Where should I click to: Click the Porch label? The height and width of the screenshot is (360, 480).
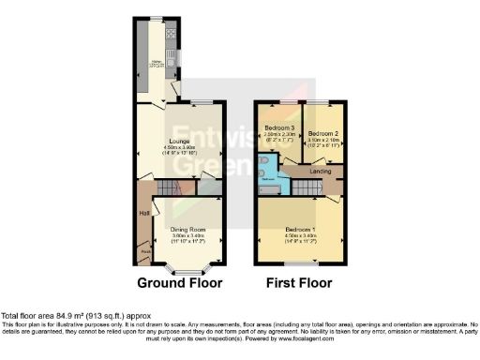(x=145, y=250)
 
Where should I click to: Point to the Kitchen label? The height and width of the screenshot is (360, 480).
(x=158, y=63)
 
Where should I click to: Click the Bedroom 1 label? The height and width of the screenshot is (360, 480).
(x=300, y=230)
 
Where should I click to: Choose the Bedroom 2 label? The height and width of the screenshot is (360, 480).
(x=322, y=132)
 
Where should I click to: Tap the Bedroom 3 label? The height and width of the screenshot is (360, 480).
(x=279, y=127)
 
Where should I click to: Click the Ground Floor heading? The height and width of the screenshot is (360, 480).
(x=179, y=282)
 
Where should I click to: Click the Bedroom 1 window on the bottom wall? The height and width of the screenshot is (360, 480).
(x=300, y=262)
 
